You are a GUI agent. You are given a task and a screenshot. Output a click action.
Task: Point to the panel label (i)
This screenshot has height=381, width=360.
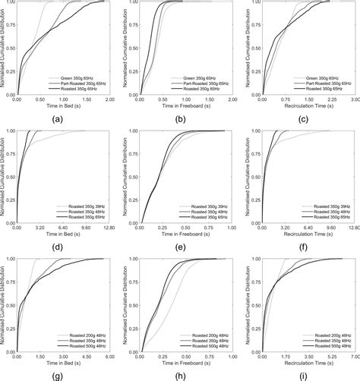pos(302,375)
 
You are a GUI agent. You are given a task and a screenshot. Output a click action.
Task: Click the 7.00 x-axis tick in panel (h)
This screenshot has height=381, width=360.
pos(231,355)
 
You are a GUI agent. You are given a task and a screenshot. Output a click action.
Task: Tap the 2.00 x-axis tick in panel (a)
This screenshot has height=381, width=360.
pos(110,99)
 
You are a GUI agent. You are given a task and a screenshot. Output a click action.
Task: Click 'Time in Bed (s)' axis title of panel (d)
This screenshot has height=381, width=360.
pos(64,235)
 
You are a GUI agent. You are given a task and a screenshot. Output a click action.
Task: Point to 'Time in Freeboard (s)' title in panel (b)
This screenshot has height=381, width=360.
pos(184,107)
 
